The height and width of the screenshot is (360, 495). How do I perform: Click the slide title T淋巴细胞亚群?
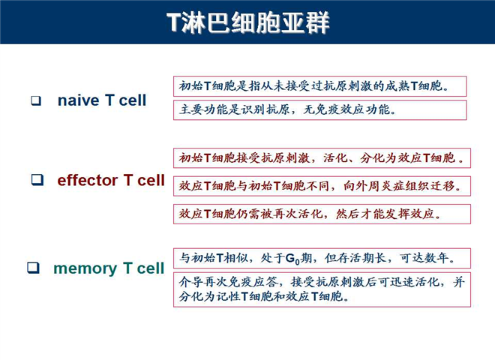[x=248, y=22]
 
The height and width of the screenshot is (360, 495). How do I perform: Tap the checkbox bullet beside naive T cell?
[x=36, y=100]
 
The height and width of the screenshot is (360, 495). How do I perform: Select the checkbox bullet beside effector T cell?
[x=37, y=180]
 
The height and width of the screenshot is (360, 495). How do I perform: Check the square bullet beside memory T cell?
[x=34, y=268]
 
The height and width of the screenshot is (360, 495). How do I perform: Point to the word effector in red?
[x=88, y=180]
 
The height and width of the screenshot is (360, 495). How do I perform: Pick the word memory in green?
[x=85, y=268]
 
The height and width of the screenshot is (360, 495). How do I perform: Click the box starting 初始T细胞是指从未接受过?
[x=319, y=86]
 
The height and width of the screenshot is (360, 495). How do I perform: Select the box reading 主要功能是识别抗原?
[x=319, y=110]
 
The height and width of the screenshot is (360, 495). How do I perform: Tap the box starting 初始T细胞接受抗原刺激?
[x=322, y=158]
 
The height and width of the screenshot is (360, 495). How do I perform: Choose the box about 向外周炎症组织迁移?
[x=322, y=186]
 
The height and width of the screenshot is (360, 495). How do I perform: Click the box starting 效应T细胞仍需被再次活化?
[x=322, y=214]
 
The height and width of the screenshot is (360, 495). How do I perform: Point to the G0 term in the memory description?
[x=292, y=259]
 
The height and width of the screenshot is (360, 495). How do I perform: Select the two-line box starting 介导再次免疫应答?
[x=322, y=289]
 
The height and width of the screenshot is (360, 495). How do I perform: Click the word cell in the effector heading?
[x=151, y=180]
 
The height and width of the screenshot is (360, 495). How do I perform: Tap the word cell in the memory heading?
[x=151, y=268]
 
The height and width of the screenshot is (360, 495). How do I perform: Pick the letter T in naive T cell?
[x=109, y=100]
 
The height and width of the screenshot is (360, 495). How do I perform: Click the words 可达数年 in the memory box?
[x=425, y=258]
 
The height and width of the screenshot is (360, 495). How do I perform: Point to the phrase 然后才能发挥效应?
[x=385, y=214]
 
